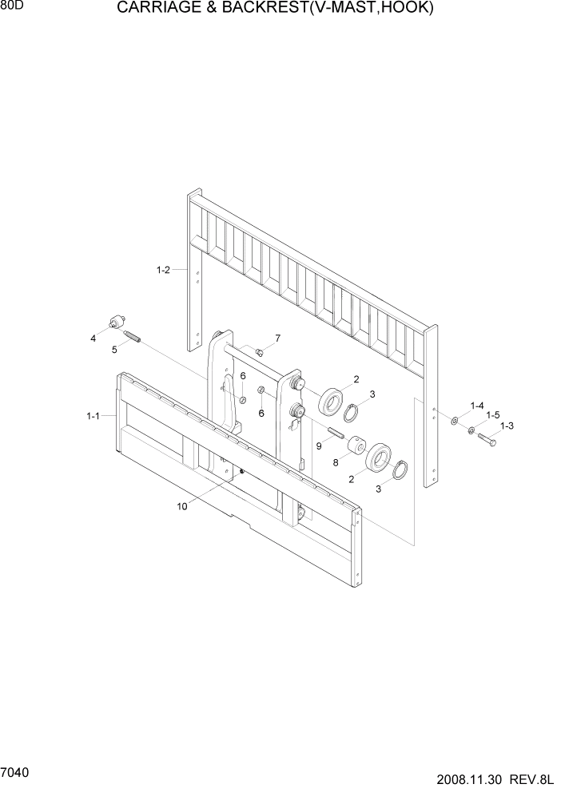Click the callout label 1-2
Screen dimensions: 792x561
163,271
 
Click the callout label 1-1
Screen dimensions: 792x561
93,416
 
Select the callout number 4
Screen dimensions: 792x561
93,339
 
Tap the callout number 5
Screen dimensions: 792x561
114,349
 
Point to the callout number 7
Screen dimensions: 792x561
277,339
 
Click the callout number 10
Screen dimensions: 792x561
181,505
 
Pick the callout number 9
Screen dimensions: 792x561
319,446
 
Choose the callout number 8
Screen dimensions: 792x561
336,461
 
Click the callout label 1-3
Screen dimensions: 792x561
507,426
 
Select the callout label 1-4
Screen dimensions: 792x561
477,406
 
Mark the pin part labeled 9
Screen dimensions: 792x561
336,435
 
